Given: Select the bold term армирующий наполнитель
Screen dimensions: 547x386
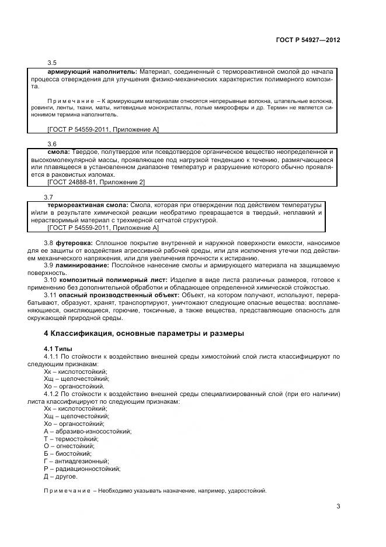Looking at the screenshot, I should pos(92,71).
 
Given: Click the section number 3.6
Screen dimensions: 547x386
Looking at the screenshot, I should pos(51,143).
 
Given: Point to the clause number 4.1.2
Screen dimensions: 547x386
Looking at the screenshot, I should pos(53,394).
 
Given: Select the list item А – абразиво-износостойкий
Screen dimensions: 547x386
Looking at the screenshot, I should pos(87,431).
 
